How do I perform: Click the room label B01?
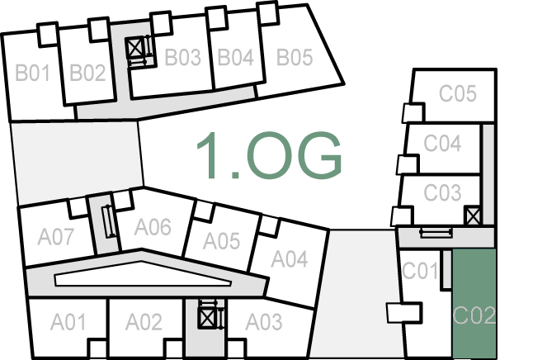[x=33, y=73]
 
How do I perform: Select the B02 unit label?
[x=87, y=73]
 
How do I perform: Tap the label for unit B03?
[x=182, y=58]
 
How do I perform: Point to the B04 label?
[x=234, y=58]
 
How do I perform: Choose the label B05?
[x=295, y=58]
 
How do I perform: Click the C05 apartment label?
[x=457, y=93]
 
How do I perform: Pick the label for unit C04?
[x=442, y=144]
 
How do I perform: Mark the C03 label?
[x=442, y=192]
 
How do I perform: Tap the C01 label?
[x=419, y=270]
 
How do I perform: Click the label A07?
[x=56, y=238]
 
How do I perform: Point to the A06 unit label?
[x=153, y=226]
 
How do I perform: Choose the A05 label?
[x=221, y=241]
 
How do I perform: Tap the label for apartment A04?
[x=290, y=260]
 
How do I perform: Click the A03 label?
[x=264, y=321]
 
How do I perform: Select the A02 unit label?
[x=144, y=321]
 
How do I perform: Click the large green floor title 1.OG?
[x=269, y=156]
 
